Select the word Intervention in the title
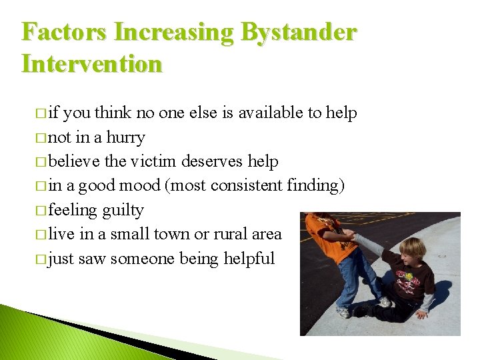(92, 64)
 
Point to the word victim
(154, 161)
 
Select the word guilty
(123, 210)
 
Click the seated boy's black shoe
(363, 310)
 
